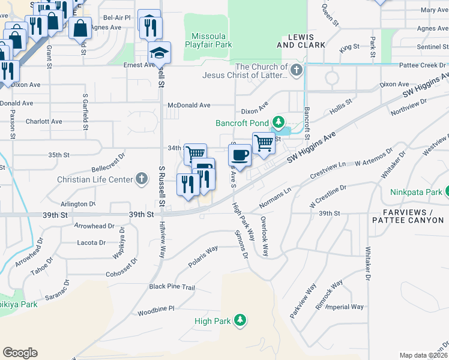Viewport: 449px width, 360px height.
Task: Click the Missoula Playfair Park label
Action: click(208, 40)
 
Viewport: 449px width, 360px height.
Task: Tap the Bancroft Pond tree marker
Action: click(277, 123)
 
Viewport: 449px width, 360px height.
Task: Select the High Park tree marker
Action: click(240, 320)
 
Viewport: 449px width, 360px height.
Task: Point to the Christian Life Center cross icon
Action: click(141, 179)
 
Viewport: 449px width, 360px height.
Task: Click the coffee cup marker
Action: click(241, 155)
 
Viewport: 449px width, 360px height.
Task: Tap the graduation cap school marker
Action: click(160, 53)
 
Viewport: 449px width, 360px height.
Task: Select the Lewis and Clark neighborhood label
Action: click(301, 41)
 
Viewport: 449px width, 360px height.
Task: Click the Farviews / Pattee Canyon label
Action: click(408, 217)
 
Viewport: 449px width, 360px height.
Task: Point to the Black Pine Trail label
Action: click(172, 287)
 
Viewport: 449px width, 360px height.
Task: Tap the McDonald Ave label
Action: click(189, 105)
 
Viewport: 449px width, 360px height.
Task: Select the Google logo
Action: click(20, 353)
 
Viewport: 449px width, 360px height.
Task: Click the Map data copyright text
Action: click(424, 355)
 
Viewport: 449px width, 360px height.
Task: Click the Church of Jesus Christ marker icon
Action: click(296, 71)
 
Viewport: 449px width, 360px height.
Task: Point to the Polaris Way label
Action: click(203, 253)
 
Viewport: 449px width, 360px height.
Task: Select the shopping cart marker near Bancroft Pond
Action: click(263, 143)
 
